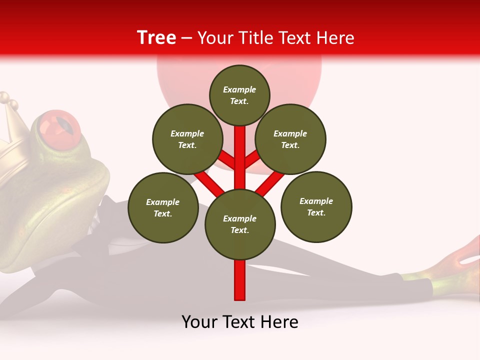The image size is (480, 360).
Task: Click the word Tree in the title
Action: (156, 38)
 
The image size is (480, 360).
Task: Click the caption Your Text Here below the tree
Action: (240, 322)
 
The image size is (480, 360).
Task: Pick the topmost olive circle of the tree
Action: (239, 95)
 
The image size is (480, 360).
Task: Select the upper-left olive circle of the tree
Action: (187, 139)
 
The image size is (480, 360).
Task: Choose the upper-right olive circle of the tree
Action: (290, 139)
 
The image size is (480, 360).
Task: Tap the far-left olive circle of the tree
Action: (163, 207)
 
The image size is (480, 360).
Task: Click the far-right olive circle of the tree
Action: (316, 206)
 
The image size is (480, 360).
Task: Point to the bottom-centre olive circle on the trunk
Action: (240, 224)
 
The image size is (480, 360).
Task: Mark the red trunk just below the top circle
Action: (240, 137)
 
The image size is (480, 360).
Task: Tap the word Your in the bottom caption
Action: (200, 322)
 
